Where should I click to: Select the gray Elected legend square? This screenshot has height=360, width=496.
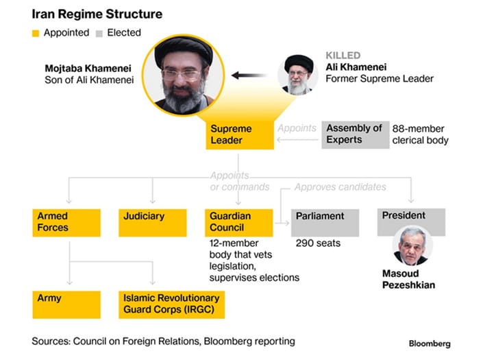point(99,33)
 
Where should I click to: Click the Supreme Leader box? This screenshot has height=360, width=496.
point(239,134)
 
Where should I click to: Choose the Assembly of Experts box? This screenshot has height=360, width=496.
point(354,134)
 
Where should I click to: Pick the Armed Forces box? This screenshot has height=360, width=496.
point(66,222)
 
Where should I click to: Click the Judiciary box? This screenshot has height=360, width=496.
point(152,222)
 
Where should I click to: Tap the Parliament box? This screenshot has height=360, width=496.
point(325,222)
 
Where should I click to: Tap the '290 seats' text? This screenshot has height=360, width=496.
point(318,243)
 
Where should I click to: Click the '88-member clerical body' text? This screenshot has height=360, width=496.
point(420,134)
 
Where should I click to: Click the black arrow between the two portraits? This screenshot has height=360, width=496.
point(251,75)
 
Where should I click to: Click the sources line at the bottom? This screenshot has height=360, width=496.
point(163,341)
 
